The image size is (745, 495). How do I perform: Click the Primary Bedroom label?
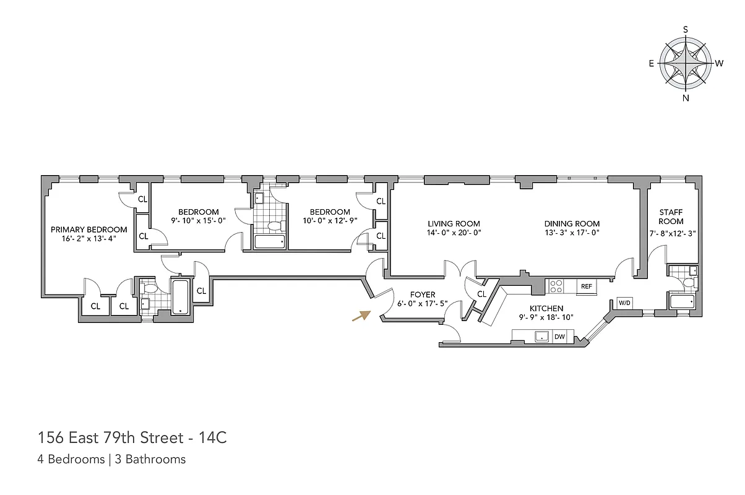tap(89, 230)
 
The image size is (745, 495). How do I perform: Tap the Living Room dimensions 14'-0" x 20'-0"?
tap(454, 233)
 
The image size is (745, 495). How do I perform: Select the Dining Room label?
tap(572, 224)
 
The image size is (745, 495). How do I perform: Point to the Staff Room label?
tap(671, 217)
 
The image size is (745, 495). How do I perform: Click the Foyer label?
tap(423, 295)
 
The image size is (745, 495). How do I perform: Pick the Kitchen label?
tap(546, 308)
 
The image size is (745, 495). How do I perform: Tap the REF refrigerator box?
tap(586, 286)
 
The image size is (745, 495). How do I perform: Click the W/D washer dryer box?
tap(624, 303)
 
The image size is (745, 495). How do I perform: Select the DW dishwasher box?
tap(559, 337)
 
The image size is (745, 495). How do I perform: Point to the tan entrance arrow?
tap(360, 316)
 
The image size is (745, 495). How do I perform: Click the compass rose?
tap(686, 64)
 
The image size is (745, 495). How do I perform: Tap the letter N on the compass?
tap(686, 98)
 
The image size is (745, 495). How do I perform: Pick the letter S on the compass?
tap(686, 30)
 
